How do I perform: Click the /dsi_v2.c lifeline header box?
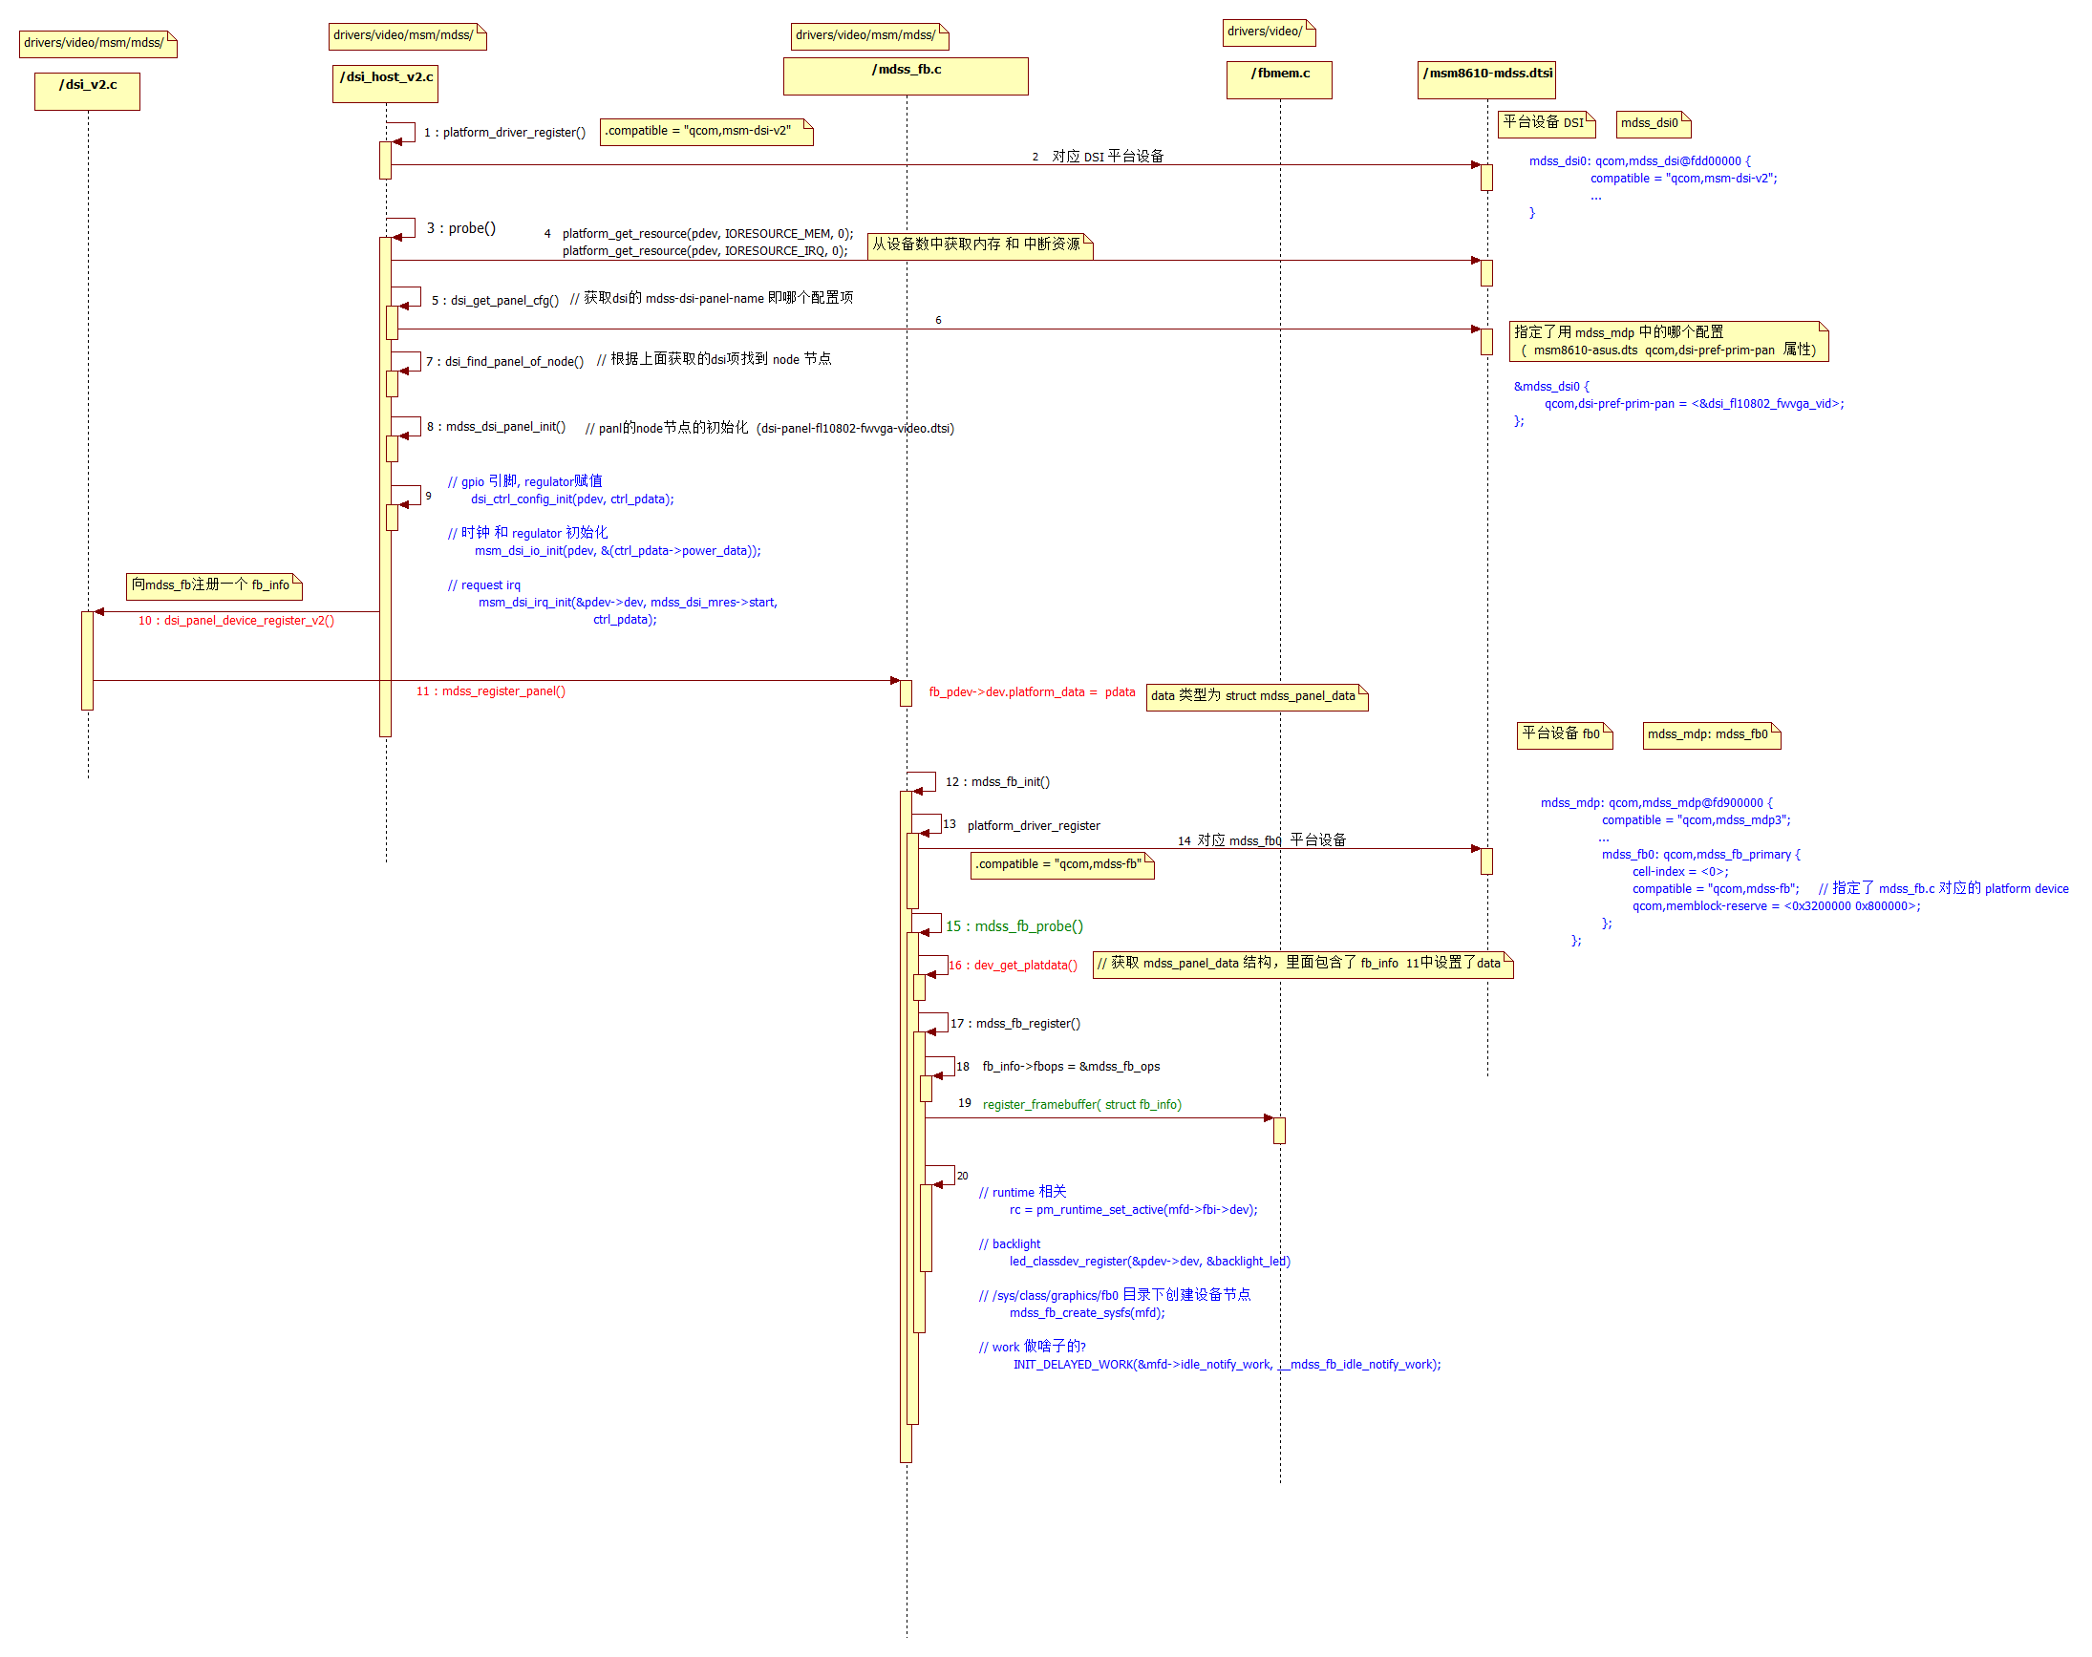[x=87, y=91]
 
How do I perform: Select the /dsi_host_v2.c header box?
[x=385, y=83]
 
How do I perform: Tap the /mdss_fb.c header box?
[x=906, y=75]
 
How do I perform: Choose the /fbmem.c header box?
[x=1279, y=79]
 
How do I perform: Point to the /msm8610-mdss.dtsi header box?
[x=1486, y=79]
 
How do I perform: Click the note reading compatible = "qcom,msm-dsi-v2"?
[x=705, y=131]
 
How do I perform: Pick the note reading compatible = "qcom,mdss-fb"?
[x=1061, y=864]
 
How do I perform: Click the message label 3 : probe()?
[x=460, y=228]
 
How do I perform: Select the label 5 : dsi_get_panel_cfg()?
[x=495, y=300]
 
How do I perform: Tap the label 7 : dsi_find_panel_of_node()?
[x=504, y=361]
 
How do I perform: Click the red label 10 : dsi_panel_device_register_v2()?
[x=236, y=621]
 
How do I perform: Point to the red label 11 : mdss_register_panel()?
[x=491, y=691]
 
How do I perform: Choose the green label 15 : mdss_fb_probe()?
[x=1014, y=926]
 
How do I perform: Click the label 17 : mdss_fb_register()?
[x=1014, y=1024]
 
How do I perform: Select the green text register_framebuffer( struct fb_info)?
[x=1082, y=1105]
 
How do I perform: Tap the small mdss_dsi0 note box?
[x=1653, y=123]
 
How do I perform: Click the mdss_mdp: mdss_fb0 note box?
[x=1711, y=734]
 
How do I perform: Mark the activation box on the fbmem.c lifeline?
[x=1279, y=1130]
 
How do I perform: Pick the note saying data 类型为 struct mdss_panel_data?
[x=1256, y=696]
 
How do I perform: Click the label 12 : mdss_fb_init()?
[x=997, y=782]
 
